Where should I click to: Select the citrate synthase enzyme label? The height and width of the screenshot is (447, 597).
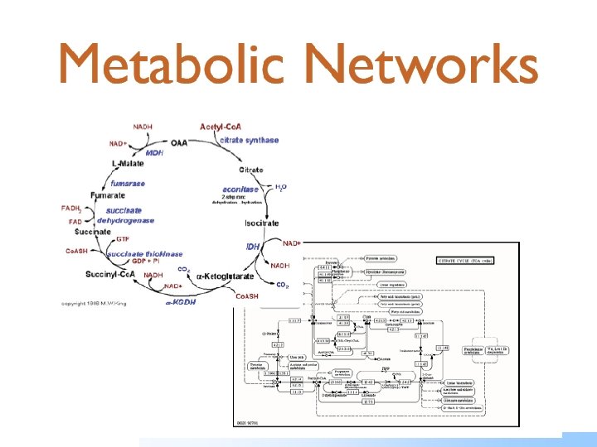click(249, 141)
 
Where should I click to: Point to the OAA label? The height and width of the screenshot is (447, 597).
click(180, 142)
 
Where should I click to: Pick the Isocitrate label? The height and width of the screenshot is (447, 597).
click(261, 223)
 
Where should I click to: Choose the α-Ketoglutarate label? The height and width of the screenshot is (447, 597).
click(225, 274)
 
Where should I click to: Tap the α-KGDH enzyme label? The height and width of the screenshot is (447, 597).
click(182, 302)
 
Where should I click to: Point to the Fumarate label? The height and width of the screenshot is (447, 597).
click(109, 195)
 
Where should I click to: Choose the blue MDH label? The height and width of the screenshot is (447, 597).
click(154, 153)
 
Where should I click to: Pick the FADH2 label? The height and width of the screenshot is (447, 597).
click(72, 209)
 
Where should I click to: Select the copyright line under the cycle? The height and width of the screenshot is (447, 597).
click(93, 304)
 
